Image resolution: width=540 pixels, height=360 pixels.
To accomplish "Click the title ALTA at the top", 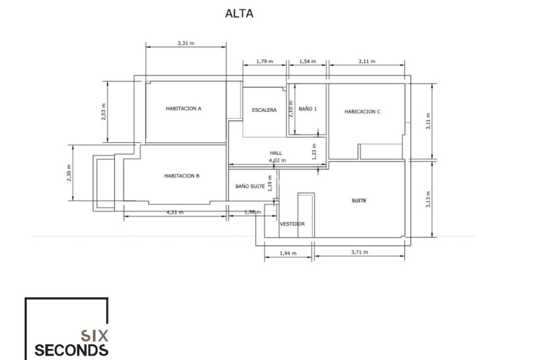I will tap(239, 13).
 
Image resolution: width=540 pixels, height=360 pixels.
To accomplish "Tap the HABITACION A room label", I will tap(183, 109).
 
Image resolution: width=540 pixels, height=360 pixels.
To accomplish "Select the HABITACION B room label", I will tap(182, 176).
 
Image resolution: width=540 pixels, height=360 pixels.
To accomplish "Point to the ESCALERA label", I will tap(264, 110).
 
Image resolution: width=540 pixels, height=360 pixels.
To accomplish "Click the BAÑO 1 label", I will tap(308, 109).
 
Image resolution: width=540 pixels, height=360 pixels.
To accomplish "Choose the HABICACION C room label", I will tap(362, 112).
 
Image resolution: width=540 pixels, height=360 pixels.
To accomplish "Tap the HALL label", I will tap(276, 153).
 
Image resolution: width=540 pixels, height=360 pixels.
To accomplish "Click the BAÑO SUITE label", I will tap(250, 186).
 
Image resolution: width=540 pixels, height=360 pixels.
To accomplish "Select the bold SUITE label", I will tap(359, 201).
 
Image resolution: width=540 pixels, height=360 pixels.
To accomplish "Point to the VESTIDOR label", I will tap(292, 224).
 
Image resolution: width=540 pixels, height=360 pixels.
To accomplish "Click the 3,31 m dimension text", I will tap(186, 43).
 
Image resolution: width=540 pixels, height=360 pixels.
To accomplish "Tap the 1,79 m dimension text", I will tap(265, 61).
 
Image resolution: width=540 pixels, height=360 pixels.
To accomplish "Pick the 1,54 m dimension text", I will tap(307, 61).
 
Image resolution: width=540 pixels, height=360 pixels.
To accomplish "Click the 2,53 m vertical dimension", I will tap(104, 112).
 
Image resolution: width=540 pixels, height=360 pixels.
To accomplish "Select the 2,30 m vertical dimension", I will tap(69, 173).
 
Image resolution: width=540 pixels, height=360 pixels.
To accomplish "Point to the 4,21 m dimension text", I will tap(175, 212).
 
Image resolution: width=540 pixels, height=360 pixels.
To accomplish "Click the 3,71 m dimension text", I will tap(359, 252).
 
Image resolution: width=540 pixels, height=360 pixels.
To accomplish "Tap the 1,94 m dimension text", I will tap(288, 253).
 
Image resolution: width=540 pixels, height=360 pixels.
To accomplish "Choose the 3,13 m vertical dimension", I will tap(428, 199).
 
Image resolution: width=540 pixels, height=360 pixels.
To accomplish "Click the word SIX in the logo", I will tap(94, 336).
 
